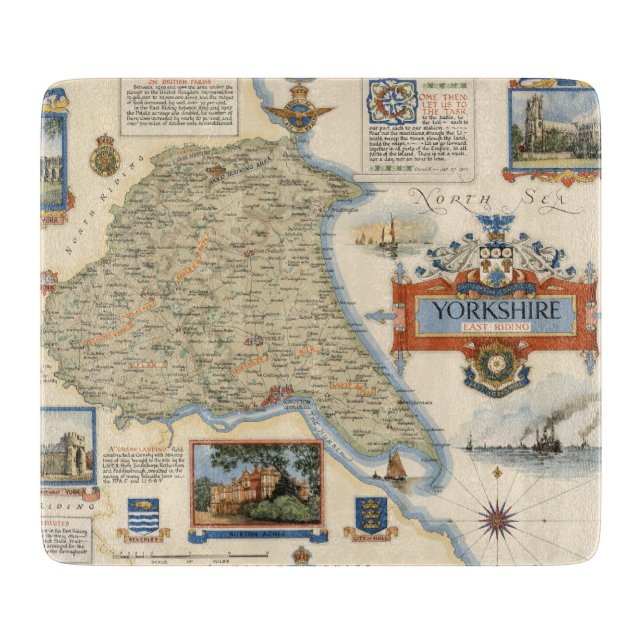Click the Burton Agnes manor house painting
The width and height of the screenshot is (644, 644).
(258, 483)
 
